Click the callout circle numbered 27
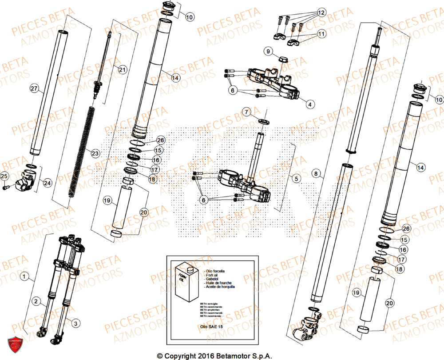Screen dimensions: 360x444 34,89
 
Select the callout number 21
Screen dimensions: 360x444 122,69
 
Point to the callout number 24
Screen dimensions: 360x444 47,182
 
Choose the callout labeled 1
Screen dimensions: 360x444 23,277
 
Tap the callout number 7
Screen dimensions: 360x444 247,111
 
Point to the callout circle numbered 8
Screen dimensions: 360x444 316,174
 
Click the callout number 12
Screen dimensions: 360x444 321,12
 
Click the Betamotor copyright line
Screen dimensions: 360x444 214,356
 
